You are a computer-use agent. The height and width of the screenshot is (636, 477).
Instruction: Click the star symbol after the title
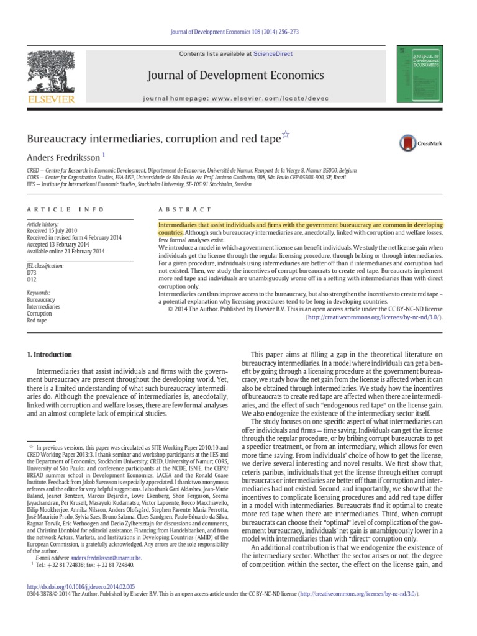tap(286, 134)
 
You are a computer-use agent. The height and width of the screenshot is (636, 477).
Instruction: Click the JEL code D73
tap(32, 272)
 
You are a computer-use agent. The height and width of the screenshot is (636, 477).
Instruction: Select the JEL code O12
tap(32, 279)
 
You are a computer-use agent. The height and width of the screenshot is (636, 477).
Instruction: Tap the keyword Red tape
tap(37, 320)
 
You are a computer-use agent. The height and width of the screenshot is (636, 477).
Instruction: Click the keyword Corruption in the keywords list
tap(40, 314)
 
